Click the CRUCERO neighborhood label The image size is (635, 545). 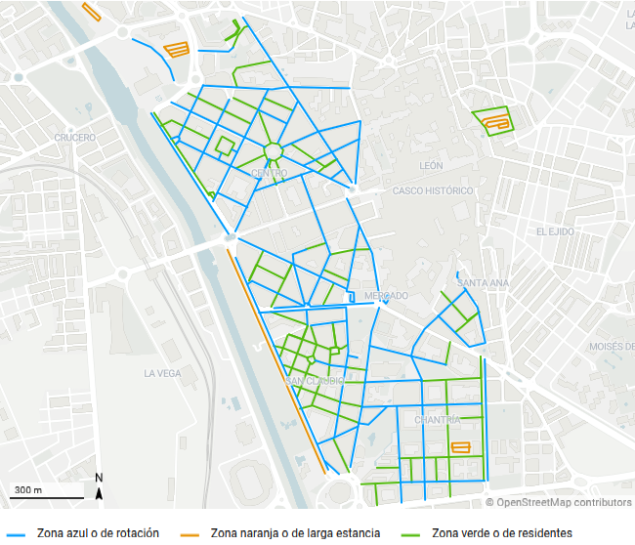74,138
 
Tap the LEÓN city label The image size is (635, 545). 431,166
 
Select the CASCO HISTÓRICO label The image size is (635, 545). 433,190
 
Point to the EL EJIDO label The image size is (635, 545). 555,231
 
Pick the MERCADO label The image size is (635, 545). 385,296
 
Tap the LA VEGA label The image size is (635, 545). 162,373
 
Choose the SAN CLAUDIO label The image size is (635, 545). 315,381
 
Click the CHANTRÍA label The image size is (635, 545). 437,420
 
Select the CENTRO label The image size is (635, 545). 270,174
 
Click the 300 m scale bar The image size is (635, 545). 44,492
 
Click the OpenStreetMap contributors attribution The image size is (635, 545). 559,502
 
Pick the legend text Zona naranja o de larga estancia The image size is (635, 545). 295,533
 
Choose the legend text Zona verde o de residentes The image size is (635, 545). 501,533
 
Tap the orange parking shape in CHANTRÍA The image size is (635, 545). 459,447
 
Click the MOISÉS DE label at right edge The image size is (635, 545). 611,347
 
